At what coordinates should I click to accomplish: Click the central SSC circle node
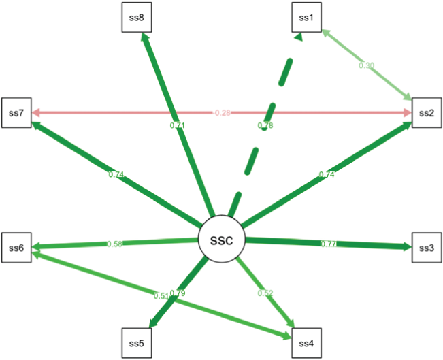pyautogui.click(x=220, y=241)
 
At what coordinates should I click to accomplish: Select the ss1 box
pyautogui.click(x=306, y=17)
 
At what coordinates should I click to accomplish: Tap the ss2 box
pyautogui.click(x=426, y=112)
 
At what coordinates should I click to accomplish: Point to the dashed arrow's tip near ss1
pyautogui.click(x=298, y=39)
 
